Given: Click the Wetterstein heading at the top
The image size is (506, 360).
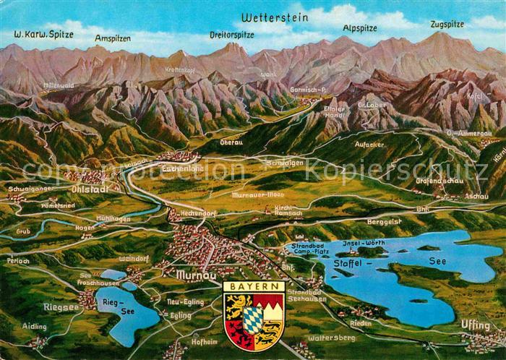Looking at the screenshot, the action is [x=274, y=16].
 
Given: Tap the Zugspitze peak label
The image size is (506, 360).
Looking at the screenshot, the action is [x=447, y=24].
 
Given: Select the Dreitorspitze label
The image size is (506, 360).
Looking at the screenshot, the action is [x=231, y=34].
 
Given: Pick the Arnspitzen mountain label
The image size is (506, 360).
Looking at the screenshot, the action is [x=112, y=37].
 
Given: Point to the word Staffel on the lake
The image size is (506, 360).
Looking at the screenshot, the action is [x=349, y=262].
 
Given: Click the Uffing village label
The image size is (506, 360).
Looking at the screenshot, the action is [x=475, y=325].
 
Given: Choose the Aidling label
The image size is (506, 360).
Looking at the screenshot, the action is [x=34, y=327].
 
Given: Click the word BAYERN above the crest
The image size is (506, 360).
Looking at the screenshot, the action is [x=253, y=286].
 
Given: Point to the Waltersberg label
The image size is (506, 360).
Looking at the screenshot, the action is [x=331, y=337].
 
